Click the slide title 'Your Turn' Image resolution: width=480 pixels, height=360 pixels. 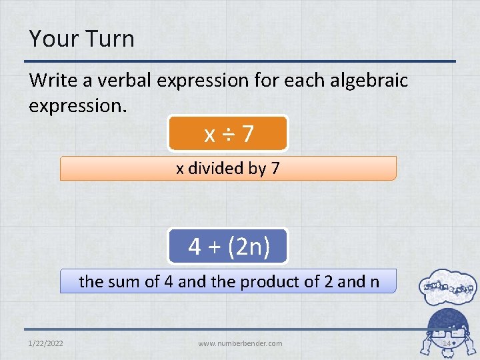click(x=81, y=39)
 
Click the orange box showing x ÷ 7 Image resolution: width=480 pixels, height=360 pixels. click(x=228, y=133)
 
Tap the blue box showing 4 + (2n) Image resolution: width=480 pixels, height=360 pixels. click(x=228, y=246)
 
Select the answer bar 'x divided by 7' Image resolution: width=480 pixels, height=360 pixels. click(x=228, y=169)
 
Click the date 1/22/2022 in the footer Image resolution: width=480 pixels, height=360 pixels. click(x=47, y=343)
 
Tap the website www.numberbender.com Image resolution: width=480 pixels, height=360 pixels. click(x=240, y=343)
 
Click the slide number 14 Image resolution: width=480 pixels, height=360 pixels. click(x=447, y=343)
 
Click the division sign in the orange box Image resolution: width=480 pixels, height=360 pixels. click(x=228, y=134)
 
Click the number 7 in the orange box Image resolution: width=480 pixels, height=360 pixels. click(x=247, y=134)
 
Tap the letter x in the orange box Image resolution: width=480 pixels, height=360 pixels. click(x=209, y=135)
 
